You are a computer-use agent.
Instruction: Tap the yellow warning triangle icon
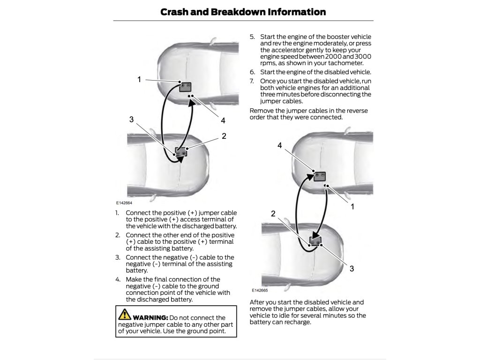click(125, 314)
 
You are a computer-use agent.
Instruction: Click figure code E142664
click(124, 203)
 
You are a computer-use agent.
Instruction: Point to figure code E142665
click(259, 291)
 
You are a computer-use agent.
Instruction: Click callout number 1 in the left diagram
click(139, 79)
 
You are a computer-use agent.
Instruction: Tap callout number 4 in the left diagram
click(223, 120)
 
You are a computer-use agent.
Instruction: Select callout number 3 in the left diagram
click(132, 120)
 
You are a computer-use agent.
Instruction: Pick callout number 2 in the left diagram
click(224, 136)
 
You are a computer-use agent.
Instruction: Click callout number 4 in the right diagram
click(280, 145)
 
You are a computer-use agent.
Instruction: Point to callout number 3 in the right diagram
click(352, 269)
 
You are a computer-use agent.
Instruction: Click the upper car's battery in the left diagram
click(186, 86)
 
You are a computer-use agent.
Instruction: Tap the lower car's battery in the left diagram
click(181, 151)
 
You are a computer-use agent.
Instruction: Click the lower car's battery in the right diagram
click(315, 241)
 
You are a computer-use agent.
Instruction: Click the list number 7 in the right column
click(252, 81)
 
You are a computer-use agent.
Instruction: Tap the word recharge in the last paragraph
click(294, 322)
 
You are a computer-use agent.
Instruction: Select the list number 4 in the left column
click(118, 279)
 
